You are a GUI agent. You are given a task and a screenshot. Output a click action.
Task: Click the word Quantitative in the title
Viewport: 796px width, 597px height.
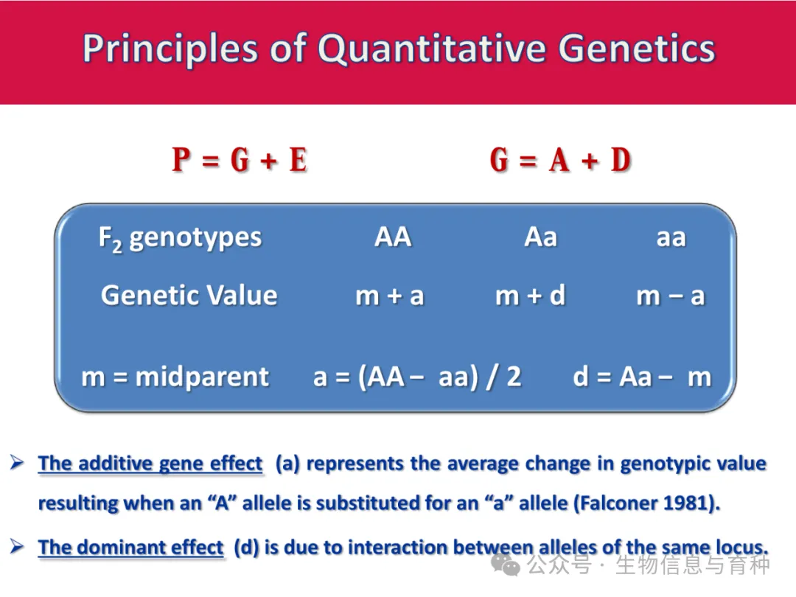pyautogui.click(x=431, y=49)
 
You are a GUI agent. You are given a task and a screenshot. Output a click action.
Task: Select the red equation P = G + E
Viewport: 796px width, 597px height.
pyautogui.click(x=240, y=160)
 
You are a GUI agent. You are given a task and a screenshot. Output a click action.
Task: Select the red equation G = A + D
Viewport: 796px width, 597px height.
pyautogui.click(x=560, y=160)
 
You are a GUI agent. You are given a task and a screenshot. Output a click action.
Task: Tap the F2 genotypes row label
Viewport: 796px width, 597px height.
pyautogui.click(x=181, y=239)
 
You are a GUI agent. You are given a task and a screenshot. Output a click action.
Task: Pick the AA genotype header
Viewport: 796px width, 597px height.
pyautogui.click(x=393, y=237)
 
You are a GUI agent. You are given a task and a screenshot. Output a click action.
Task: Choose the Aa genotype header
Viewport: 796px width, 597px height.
pyautogui.click(x=541, y=237)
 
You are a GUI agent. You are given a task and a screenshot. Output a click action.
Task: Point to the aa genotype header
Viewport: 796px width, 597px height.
pyautogui.click(x=671, y=238)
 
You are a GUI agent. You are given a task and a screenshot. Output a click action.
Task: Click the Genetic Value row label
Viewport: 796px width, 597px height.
pyautogui.click(x=189, y=295)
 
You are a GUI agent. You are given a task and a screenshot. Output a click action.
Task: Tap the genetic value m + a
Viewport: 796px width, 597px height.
pyautogui.click(x=390, y=296)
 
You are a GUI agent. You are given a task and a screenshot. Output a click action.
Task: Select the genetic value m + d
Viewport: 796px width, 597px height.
pyautogui.click(x=531, y=295)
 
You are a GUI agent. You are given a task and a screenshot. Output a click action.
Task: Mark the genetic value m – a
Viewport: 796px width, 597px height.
pyautogui.click(x=671, y=296)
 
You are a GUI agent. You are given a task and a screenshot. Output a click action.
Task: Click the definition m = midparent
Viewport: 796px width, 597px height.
pyautogui.click(x=175, y=377)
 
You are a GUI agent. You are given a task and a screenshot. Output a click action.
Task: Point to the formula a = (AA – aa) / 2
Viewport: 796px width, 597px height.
pyautogui.click(x=417, y=377)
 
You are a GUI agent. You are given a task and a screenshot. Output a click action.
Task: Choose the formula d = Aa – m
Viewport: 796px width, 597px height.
pyautogui.click(x=642, y=377)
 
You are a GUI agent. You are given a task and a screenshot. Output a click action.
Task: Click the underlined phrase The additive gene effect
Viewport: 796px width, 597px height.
pyautogui.click(x=150, y=464)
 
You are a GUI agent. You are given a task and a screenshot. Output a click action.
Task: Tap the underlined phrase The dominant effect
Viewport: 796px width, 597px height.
pyautogui.click(x=130, y=547)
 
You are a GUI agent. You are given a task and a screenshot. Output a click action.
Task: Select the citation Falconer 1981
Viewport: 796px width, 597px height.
pyautogui.click(x=647, y=503)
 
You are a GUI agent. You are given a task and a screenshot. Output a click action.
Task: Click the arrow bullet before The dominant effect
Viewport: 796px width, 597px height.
pyautogui.click(x=17, y=547)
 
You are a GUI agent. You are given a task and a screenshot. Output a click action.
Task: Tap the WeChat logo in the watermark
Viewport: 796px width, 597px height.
pyautogui.click(x=506, y=565)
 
